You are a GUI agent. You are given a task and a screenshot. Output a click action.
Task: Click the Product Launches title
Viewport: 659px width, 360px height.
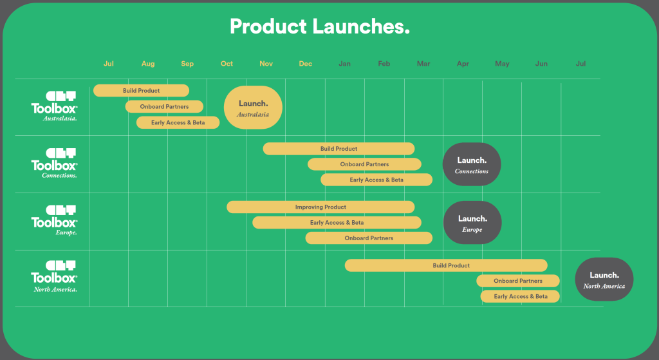pyautogui.click(x=319, y=26)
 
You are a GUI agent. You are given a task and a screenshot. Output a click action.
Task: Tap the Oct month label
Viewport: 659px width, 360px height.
pyautogui.click(x=227, y=64)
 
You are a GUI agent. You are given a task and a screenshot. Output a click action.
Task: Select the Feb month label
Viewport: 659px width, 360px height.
pyautogui.click(x=384, y=64)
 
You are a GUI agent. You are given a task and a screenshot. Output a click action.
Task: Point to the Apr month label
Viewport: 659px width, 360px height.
pyautogui.click(x=463, y=64)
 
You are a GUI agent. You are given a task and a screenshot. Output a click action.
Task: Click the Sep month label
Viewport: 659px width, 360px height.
pyautogui.click(x=187, y=64)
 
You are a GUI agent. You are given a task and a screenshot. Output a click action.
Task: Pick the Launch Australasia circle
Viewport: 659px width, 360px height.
pyautogui.click(x=253, y=108)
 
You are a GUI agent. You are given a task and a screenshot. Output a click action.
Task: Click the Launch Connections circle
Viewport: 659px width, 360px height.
pyautogui.click(x=472, y=164)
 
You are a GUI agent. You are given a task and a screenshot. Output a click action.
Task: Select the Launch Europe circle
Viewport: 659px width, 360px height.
pyautogui.click(x=472, y=222)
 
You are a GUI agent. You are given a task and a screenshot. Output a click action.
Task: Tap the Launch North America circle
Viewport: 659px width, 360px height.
pyautogui.click(x=604, y=279)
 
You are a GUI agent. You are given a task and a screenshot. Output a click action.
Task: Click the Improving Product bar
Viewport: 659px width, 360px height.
pyautogui.click(x=320, y=207)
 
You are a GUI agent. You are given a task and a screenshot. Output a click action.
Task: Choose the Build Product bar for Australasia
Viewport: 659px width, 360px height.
pyautogui.click(x=141, y=90)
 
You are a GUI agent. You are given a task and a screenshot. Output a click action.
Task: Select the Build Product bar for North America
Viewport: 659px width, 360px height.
pyautogui.click(x=446, y=265)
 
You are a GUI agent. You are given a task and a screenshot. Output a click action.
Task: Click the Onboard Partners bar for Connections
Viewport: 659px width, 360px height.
pyautogui.click(x=364, y=164)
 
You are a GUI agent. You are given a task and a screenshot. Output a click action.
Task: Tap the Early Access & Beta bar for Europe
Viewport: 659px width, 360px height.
pyautogui.click(x=337, y=222)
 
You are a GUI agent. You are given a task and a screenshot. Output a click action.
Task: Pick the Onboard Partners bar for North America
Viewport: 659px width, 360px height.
pyautogui.click(x=518, y=281)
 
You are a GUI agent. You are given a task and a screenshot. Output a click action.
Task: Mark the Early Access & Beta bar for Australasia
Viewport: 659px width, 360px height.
pyautogui.click(x=178, y=122)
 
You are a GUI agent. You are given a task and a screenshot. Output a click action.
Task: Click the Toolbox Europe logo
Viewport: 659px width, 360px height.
pyautogui.click(x=55, y=220)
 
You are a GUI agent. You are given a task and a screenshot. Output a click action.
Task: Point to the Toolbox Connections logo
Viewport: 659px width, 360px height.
pyautogui.click(x=55, y=163)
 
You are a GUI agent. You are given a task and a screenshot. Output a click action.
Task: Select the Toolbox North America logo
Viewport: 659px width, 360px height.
pyautogui.click(x=55, y=276)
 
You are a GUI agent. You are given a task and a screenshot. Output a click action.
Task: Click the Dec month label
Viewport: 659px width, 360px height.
pyautogui.click(x=306, y=64)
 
